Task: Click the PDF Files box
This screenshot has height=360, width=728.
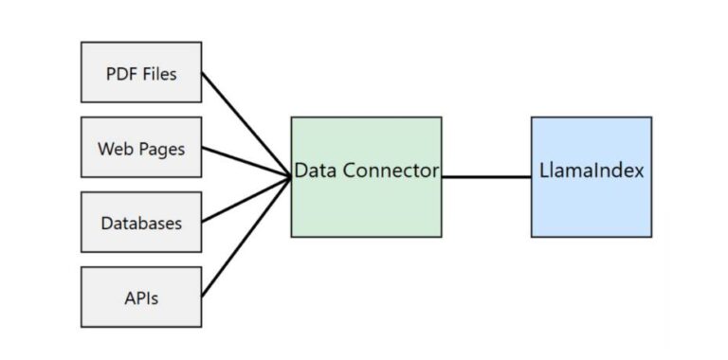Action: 141,72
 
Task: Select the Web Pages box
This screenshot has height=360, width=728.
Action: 141,147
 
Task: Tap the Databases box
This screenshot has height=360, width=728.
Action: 141,223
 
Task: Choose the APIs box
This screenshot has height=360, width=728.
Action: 141,297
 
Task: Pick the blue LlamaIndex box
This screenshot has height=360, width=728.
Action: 591,204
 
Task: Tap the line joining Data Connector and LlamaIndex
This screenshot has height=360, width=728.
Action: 485,176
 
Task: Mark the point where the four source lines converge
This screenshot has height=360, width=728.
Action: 289,176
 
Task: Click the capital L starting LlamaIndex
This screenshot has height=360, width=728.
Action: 543,171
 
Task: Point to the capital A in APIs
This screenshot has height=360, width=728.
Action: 129,297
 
